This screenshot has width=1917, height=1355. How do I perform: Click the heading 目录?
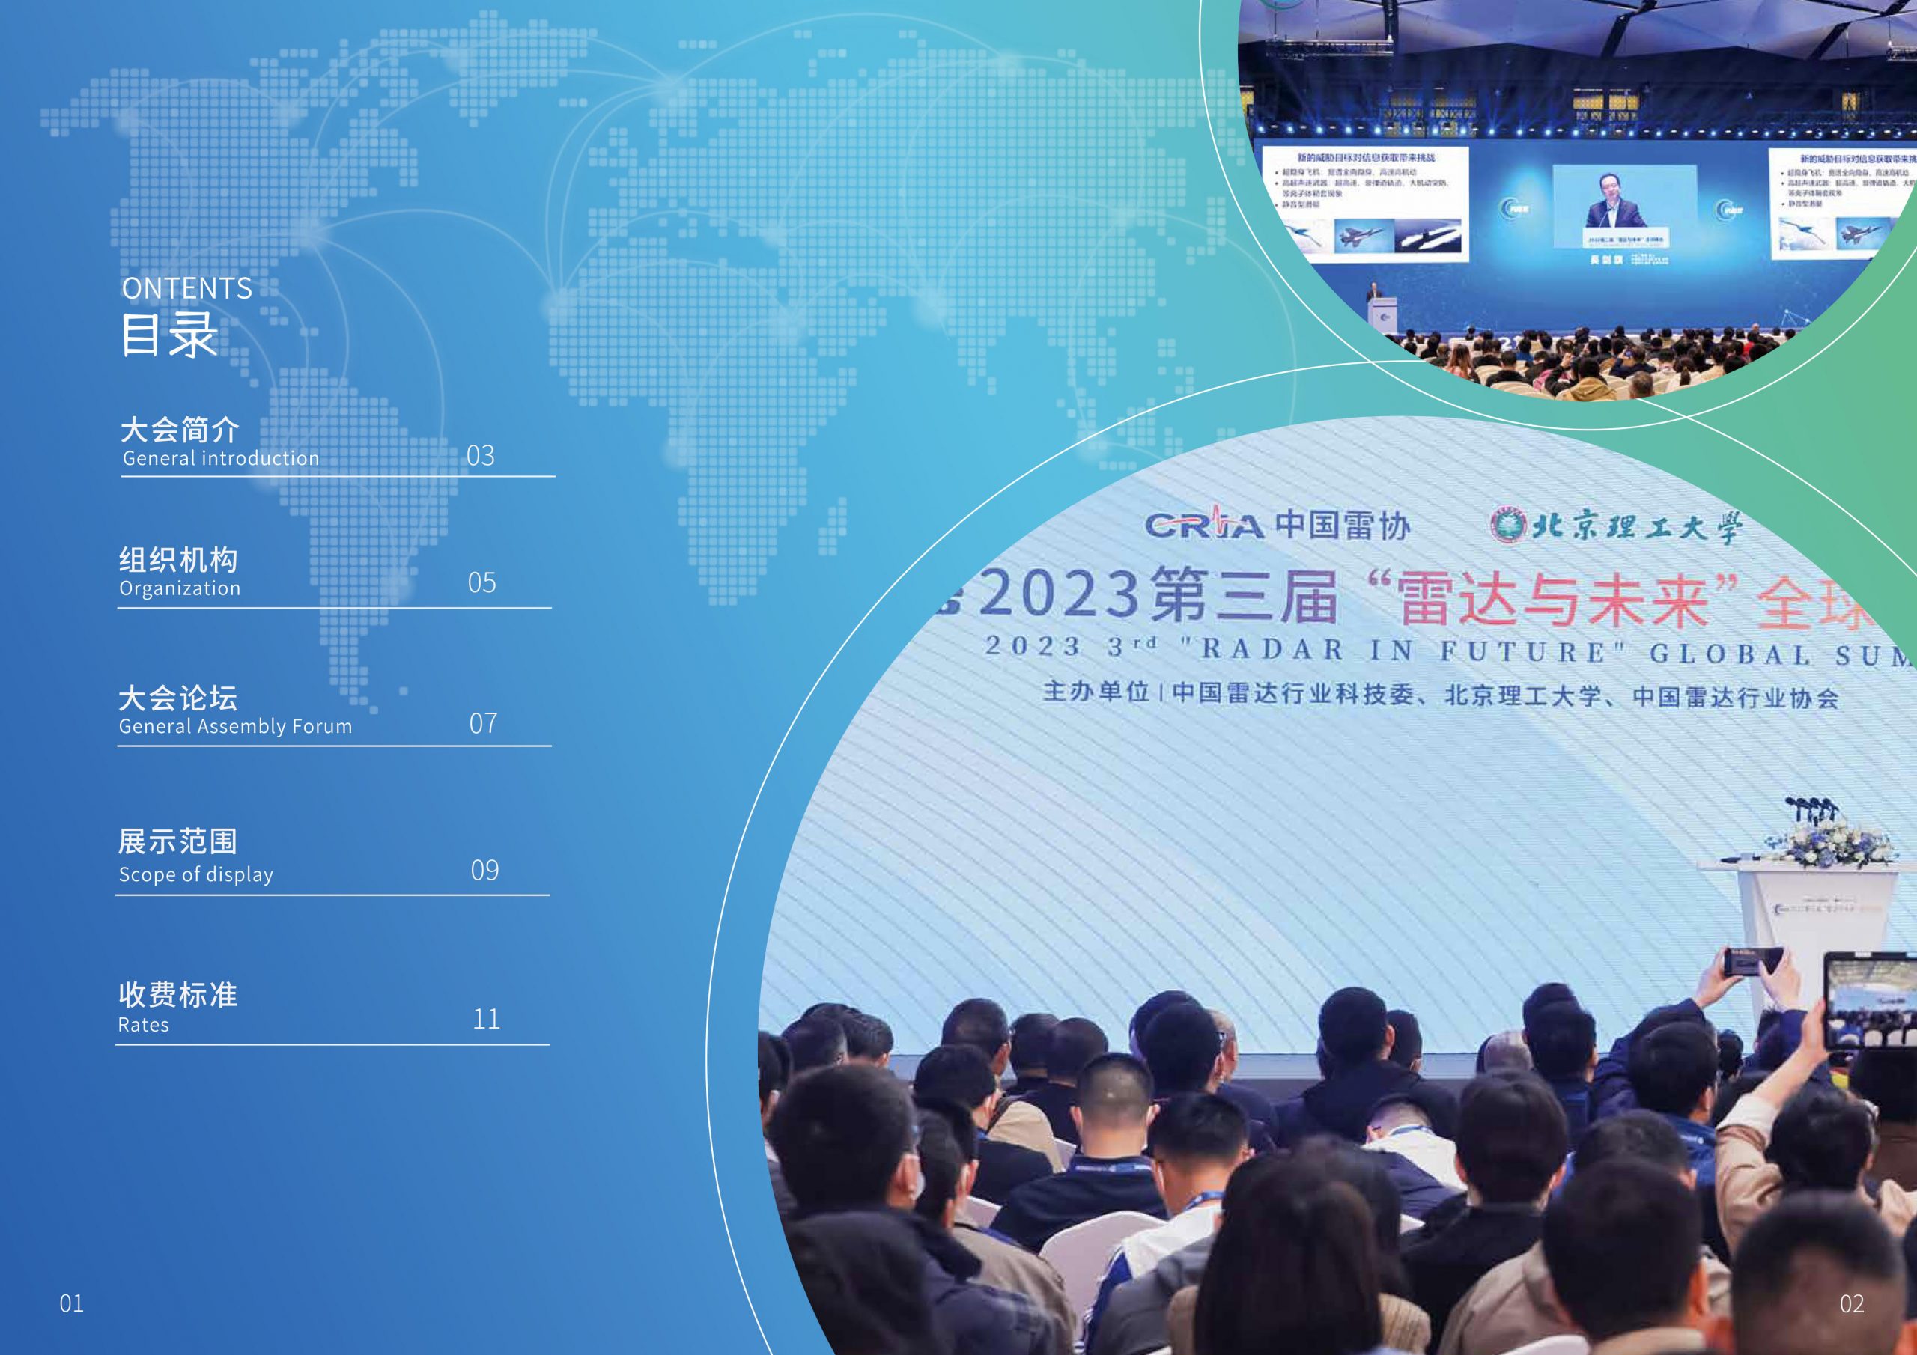click(x=168, y=335)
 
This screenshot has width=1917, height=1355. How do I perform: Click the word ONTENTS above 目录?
click(x=186, y=288)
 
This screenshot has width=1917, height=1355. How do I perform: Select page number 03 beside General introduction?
click(x=480, y=456)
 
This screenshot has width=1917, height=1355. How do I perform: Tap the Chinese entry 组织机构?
click(x=177, y=559)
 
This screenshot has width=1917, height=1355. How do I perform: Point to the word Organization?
click(x=180, y=588)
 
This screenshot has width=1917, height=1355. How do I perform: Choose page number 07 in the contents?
click(x=482, y=723)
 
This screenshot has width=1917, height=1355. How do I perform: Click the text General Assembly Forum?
click(x=235, y=726)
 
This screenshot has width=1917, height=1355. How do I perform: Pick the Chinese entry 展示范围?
click(x=177, y=841)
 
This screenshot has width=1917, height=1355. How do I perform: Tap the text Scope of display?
click(x=196, y=875)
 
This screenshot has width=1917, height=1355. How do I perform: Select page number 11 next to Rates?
click(x=486, y=1019)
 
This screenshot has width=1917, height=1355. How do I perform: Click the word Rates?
click(x=144, y=1025)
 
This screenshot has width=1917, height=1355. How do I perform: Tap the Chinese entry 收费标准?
click(x=177, y=994)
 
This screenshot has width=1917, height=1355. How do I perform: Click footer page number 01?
click(x=72, y=1303)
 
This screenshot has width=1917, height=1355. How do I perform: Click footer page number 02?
click(x=1851, y=1303)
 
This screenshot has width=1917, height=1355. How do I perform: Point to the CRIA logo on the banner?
click(x=1203, y=524)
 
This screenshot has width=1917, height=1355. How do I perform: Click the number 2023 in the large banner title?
click(x=1059, y=594)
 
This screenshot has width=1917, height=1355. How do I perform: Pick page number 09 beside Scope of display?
click(x=484, y=871)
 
